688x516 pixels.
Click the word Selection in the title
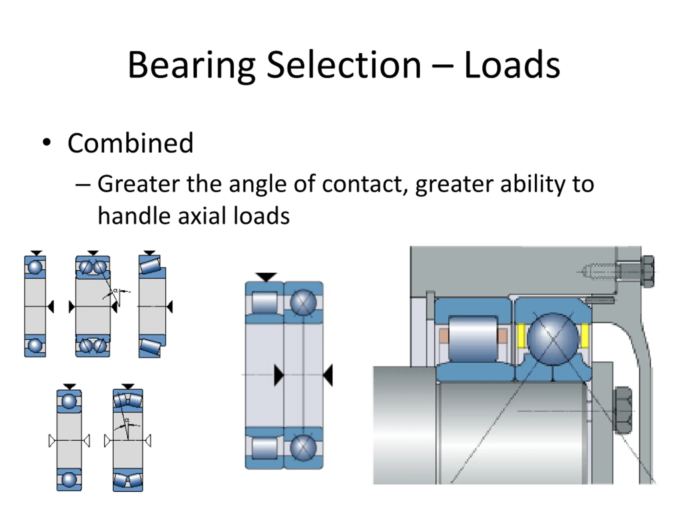click(344, 65)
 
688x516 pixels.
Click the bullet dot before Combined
click(47, 142)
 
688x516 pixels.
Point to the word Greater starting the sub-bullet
click(138, 184)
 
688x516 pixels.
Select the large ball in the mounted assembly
click(553, 339)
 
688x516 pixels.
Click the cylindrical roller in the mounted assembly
click(473, 338)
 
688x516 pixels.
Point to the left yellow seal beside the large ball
click(521, 336)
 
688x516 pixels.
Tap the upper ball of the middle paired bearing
click(303, 303)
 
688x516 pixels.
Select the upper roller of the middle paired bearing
click(264, 302)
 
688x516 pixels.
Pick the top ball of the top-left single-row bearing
click(35, 267)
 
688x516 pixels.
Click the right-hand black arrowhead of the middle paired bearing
click(328, 375)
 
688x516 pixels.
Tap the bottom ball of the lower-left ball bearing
click(69, 479)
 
